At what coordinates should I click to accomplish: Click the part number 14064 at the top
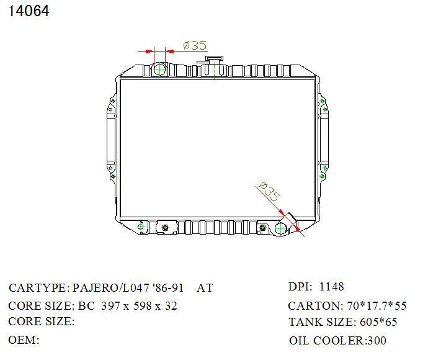pos(29,11)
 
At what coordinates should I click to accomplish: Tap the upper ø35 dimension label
pos(195,45)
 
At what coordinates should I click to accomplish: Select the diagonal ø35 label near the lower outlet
pos(269,191)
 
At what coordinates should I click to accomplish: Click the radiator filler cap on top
pos(214,59)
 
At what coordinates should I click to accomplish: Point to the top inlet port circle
pos(160,70)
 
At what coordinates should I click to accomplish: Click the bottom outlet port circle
pos(281,228)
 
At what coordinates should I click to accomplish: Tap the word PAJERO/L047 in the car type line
pos(111,287)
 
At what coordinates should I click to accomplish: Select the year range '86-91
pos(168,287)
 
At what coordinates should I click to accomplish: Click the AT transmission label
pos(205,288)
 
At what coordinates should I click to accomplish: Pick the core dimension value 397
pos(110,306)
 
